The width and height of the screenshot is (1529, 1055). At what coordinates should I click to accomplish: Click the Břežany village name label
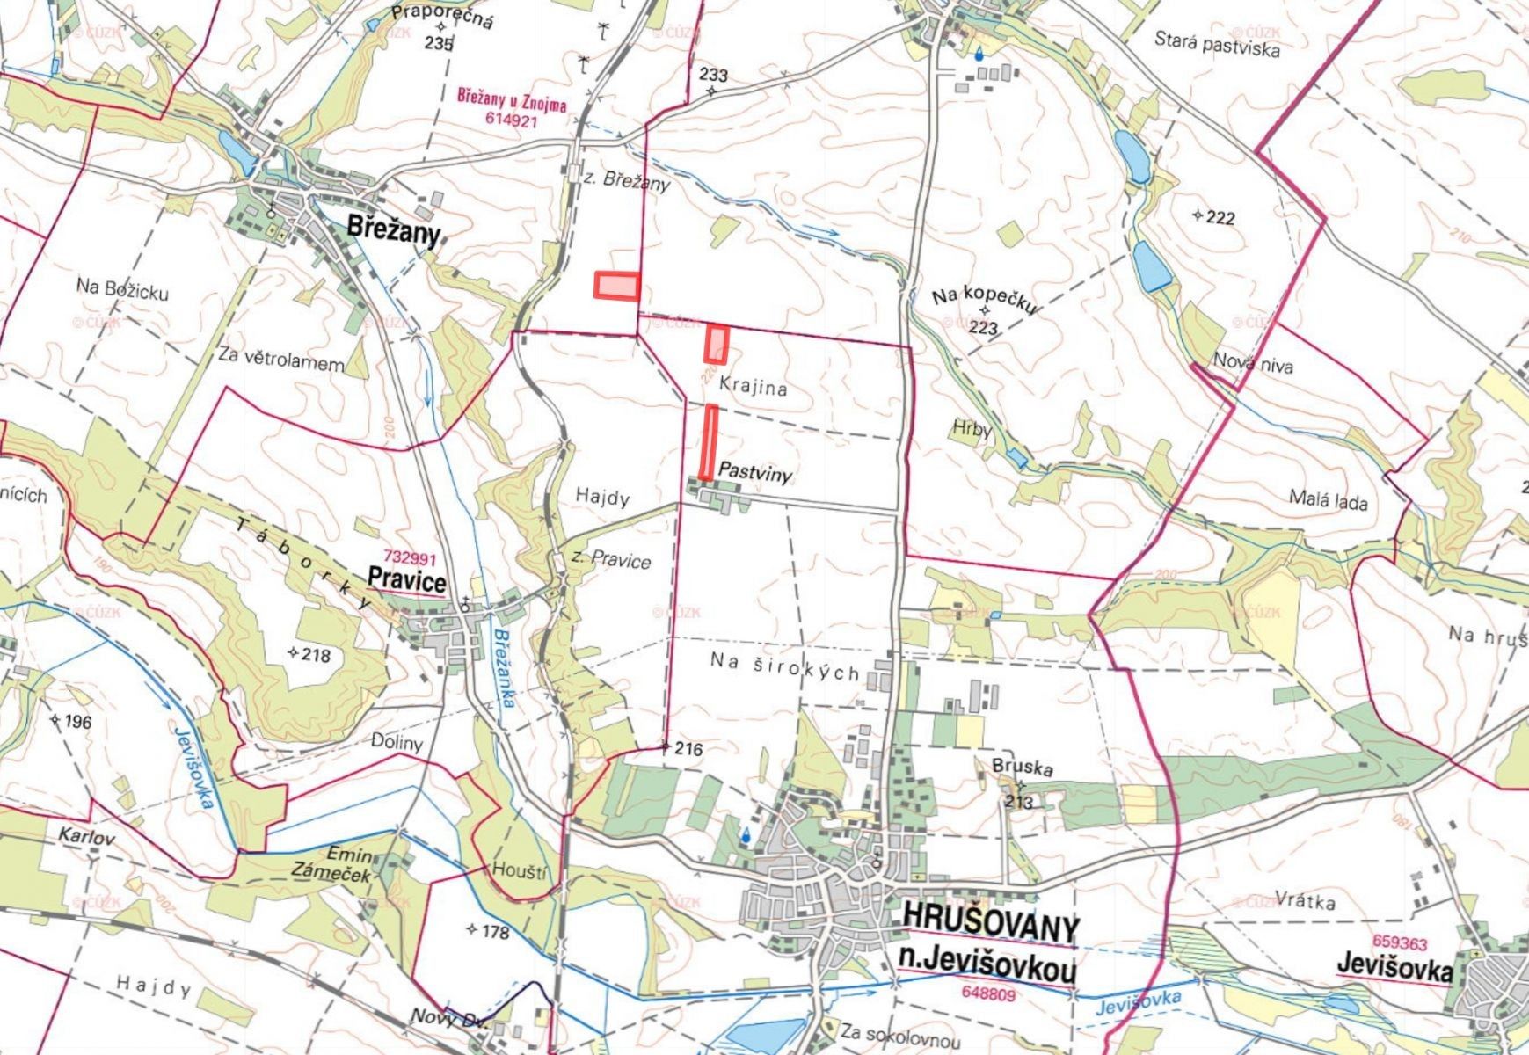point(393,227)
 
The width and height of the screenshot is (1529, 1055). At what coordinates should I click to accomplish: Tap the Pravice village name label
point(406,580)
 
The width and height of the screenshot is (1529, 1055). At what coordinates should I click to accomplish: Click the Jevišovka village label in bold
point(1394,968)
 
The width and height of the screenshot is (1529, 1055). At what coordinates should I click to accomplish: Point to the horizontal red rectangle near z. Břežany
point(616,286)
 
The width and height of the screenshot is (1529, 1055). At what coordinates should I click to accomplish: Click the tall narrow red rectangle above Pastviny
point(709,442)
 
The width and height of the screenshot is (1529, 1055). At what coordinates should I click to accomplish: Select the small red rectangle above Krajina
point(717,344)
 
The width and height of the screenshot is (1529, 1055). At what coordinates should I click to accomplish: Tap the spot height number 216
point(688,749)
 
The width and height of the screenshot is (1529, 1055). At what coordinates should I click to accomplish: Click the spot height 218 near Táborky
point(315,655)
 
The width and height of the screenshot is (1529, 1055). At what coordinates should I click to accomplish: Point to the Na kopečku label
point(985,300)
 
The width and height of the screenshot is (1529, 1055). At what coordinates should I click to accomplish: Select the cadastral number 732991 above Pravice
point(411,557)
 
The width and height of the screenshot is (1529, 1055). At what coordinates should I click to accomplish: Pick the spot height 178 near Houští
point(495,932)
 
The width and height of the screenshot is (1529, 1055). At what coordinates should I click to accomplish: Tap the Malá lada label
point(1328,501)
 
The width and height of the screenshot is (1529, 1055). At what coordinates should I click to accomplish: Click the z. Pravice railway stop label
point(611,559)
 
